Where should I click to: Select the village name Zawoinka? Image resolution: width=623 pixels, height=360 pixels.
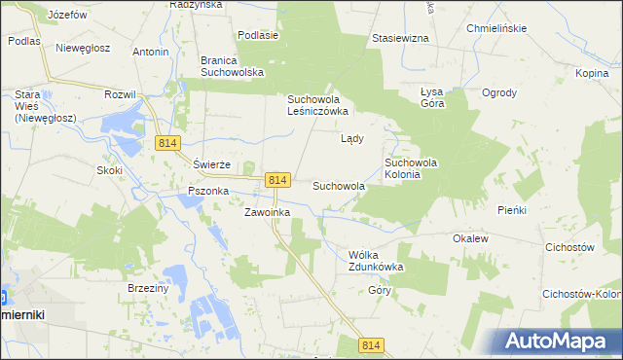(x=267, y=211)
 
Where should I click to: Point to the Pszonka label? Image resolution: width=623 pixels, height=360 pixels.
(x=202, y=192)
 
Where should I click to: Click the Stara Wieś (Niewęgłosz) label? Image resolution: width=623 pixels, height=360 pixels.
(x=36, y=106)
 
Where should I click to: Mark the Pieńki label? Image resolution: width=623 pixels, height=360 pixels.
(x=511, y=209)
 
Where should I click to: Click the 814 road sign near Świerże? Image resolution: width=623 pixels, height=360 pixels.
(x=167, y=143)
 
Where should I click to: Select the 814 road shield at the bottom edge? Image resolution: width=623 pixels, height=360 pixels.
(x=371, y=345)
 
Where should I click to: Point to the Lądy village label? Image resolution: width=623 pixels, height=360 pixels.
(x=351, y=138)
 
